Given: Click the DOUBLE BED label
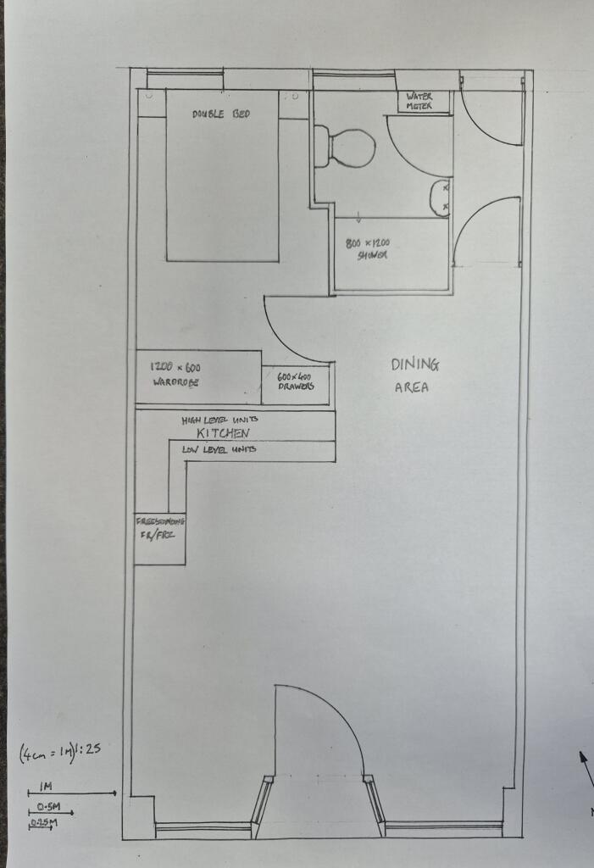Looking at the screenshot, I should pos(220,114).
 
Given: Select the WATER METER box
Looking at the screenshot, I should pos(419,102).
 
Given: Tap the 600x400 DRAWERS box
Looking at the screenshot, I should pos(296,382).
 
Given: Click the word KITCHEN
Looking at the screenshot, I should pos(223,434).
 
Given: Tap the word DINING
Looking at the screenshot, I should pos(415,365).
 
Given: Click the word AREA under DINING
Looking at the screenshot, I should pos(412,388).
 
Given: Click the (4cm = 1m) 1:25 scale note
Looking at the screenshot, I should pos(60,752).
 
